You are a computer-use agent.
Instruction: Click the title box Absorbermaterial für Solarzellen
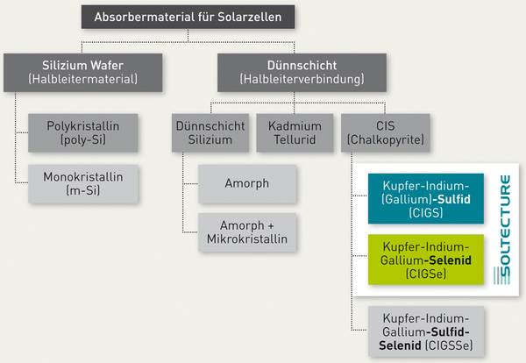(x=188, y=17)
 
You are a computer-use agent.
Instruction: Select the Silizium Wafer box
(x=83, y=73)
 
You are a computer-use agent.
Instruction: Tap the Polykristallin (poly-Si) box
(x=83, y=133)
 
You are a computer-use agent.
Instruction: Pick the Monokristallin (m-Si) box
(x=83, y=184)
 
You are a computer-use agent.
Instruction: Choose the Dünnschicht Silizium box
(x=210, y=133)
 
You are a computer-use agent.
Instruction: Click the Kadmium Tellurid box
(x=295, y=133)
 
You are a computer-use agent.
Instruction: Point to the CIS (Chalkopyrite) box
(x=386, y=133)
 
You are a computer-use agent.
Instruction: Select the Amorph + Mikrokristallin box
(x=247, y=232)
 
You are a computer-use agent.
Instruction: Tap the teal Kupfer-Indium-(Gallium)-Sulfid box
(x=426, y=199)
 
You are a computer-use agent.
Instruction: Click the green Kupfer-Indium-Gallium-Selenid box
(x=426, y=260)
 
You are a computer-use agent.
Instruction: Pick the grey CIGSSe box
(x=426, y=331)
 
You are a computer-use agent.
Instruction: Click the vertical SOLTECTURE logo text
(x=502, y=230)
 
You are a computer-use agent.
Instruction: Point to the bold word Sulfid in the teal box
(x=451, y=199)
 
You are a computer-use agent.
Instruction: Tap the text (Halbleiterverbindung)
(x=302, y=79)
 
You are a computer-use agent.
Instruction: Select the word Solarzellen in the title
(x=250, y=17)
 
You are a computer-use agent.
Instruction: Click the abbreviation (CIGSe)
(x=426, y=274)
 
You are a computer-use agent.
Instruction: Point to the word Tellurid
(x=295, y=139)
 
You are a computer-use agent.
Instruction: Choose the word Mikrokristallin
(x=247, y=239)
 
